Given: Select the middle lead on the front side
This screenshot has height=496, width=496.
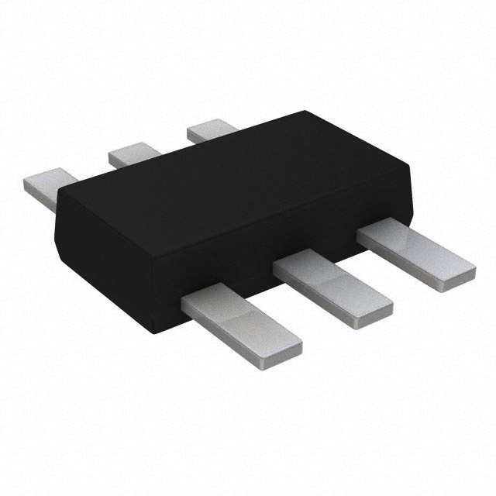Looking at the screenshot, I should point(333,287).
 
